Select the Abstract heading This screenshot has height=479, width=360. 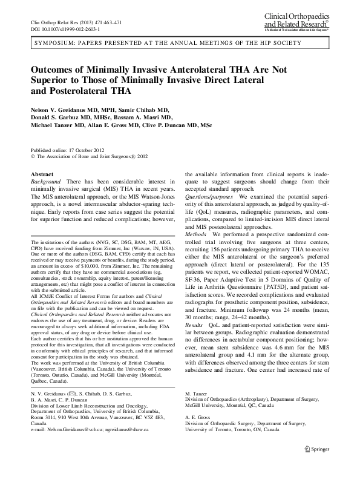click(42, 174)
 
